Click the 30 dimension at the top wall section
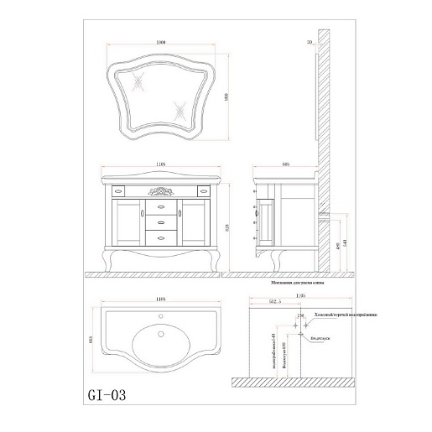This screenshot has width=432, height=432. point(310,40)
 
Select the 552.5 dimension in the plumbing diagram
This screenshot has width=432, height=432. point(269,305)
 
